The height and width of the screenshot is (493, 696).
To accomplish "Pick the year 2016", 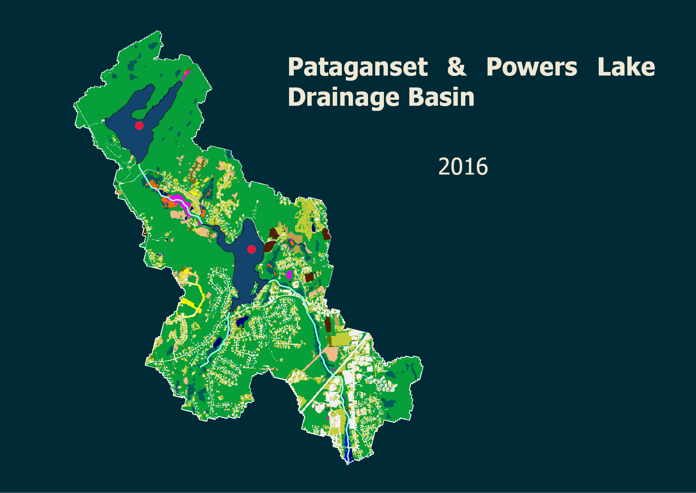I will [x=463, y=167].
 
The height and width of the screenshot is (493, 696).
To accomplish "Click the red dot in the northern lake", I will [x=139, y=126].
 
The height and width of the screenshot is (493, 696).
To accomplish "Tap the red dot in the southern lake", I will [x=251, y=249].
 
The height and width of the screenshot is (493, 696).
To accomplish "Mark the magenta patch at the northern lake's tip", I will [x=185, y=74].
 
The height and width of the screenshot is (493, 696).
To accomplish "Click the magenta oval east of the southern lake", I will [x=289, y=274].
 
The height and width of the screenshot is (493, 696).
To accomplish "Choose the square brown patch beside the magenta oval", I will [x=309, y=277].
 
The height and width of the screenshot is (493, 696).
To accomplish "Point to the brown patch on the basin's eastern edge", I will [x=326, y=234].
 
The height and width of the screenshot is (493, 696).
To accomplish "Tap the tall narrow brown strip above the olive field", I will [x=328, y=324].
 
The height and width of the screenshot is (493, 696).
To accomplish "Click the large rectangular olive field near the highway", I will [x=341, y=339].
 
